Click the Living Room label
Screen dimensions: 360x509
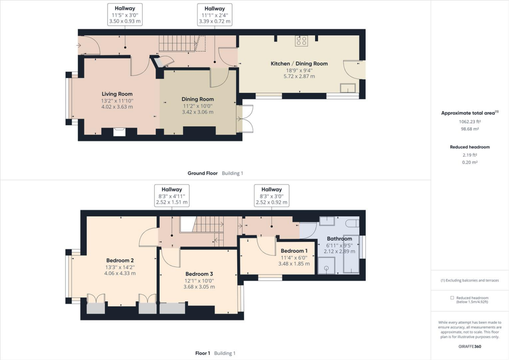tap(117, 94)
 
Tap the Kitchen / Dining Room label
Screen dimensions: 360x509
tap(299, 64)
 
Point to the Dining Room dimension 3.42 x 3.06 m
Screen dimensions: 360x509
tap(197, 112)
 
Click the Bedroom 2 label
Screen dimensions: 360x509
tap(120, 260)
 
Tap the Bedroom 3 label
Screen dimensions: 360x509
tap(199, 274)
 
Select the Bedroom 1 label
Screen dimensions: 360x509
tap(294, 251)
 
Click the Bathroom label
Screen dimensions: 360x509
tap(339, 239)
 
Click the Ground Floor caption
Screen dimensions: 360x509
tap(202, 173)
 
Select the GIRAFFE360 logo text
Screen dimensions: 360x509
tap(470, 347)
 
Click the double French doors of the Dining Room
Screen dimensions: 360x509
tap(246, 119)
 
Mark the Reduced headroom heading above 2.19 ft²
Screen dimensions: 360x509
tap(470, 147)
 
